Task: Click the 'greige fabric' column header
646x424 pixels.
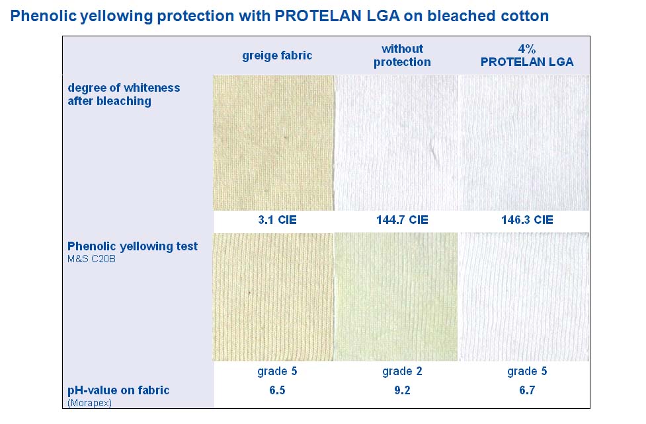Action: coord(277,55)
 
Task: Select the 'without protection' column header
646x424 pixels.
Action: coord(402,55)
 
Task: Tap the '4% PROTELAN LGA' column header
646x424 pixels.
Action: coord(527,55)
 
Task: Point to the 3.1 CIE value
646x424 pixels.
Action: coord(277,220)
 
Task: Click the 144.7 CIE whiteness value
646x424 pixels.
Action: coord(402,220)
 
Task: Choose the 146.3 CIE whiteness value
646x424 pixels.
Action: coord(527,220)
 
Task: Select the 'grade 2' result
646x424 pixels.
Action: coord(402,371)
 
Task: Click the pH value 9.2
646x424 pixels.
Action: coord(402,390)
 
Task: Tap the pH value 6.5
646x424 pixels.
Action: coord(277,390)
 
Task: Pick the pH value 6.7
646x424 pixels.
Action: coord(527,390)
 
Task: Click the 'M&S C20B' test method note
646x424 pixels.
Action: coord(91,259)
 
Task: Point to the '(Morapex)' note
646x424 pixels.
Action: coord(89,403)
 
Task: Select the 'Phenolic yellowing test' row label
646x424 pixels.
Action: coord(133,246)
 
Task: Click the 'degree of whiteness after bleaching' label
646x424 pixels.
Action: coord(124,94)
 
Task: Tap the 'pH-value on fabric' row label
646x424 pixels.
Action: coord(118,390)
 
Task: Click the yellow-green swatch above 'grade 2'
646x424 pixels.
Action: coord(396,297)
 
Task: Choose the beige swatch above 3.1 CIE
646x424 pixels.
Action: coord(273,143)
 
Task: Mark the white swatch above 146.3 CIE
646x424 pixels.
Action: coord(524,143)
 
